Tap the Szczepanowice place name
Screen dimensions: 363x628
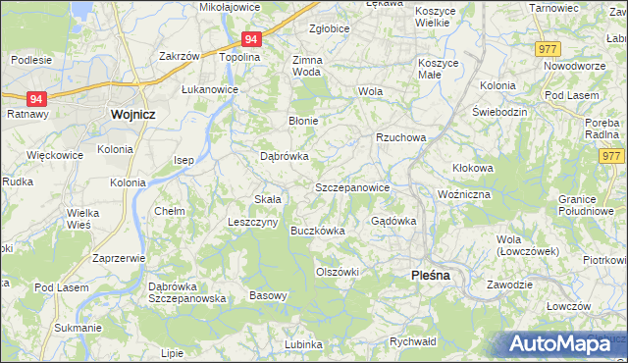tap(353, 187)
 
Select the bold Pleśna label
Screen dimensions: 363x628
tap(429, 277)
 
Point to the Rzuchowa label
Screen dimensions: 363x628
tap(400, 138)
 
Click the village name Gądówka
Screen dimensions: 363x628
tap(393, 221)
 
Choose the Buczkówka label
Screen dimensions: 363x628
tap(317, 232)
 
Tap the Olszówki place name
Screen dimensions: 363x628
tap(338, 272)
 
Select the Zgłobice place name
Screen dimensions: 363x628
tap(329, 29)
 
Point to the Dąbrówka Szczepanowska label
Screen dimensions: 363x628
tap(186, 292)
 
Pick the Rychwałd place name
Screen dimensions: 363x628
tap(412, 341)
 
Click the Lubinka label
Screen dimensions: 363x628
tap(303, 344)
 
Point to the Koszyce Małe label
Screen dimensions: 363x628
tap(438, 67)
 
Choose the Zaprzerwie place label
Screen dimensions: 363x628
tap(118, 258)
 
